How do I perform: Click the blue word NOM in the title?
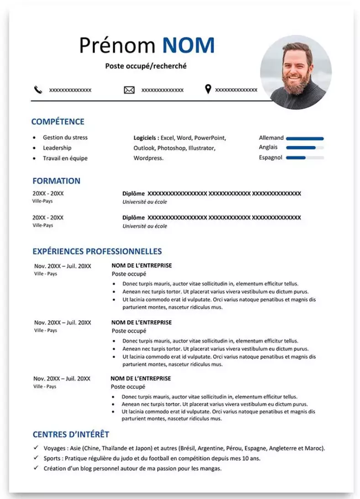click(188, 46)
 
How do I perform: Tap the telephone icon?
click(38, 90)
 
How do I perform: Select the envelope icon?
click(129, 90)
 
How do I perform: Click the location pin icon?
click(208, 89)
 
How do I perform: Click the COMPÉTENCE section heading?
click(58, 122)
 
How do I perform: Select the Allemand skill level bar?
click(305, 138)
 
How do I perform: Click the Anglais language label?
click(268, 148)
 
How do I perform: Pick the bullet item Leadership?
click(57, 148)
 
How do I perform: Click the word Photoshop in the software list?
click(173, 148)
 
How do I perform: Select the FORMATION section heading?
click(56, 181)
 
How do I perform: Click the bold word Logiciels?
click(146, 138)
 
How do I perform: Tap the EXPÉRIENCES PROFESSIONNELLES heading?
click(97, 251)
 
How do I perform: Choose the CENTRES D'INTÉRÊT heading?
click(71, 435)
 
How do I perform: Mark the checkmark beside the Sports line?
click(36, 458)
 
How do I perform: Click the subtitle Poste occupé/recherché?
click(146, 66)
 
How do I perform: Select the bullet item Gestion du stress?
click(65, 138)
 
